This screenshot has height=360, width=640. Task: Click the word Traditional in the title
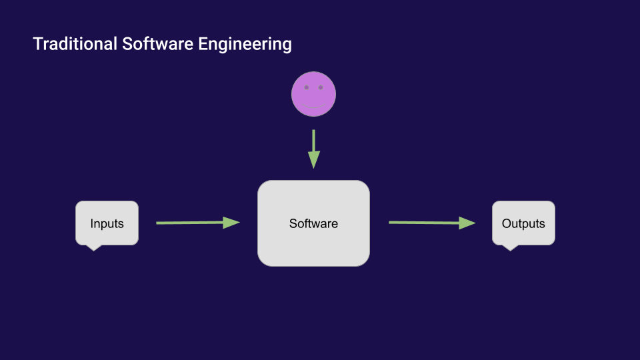[x=75, y=44]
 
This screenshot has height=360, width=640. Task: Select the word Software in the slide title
[x=157, y=44]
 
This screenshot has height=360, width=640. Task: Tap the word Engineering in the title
[x=245, y=45]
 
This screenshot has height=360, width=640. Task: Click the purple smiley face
[x=313, y=94]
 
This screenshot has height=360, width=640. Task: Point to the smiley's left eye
[x=307, y=87]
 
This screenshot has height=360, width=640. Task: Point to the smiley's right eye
[x=321, y=87]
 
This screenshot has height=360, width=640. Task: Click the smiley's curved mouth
[x=313, y=107]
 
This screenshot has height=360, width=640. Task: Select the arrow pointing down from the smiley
[x=313, y=149]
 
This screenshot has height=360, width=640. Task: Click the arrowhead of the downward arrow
[x=313, y=160]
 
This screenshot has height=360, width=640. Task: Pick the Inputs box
[x=107, y=223]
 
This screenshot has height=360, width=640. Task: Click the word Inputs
[x=107, y=224]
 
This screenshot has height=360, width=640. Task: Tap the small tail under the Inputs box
[x=94, y=248]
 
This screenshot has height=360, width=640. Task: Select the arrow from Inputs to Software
[x=198, y=223]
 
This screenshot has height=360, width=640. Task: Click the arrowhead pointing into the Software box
[x=231, y=223]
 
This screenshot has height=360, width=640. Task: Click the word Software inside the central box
[x=313, y=224]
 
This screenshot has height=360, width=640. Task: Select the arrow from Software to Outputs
[x=432, y=223]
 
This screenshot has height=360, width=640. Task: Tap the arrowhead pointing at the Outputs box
[x=467, y=223]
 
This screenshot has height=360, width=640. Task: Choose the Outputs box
[x=523, y=223]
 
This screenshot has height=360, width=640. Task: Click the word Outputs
[x=523, y=224]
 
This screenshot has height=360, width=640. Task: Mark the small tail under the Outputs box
[x=510, y=248]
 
